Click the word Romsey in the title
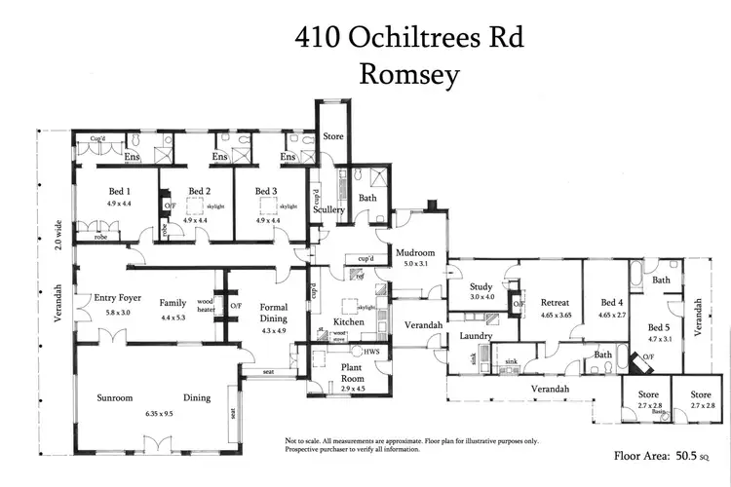point(409,75)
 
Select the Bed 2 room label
point(199,191)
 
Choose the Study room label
point(481,286)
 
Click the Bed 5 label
point(660,327)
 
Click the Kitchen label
point(349,321)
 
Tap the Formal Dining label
point(275,313)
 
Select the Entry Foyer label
point(118,298)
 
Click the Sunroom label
point(121,397)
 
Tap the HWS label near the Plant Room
point(371,352)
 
